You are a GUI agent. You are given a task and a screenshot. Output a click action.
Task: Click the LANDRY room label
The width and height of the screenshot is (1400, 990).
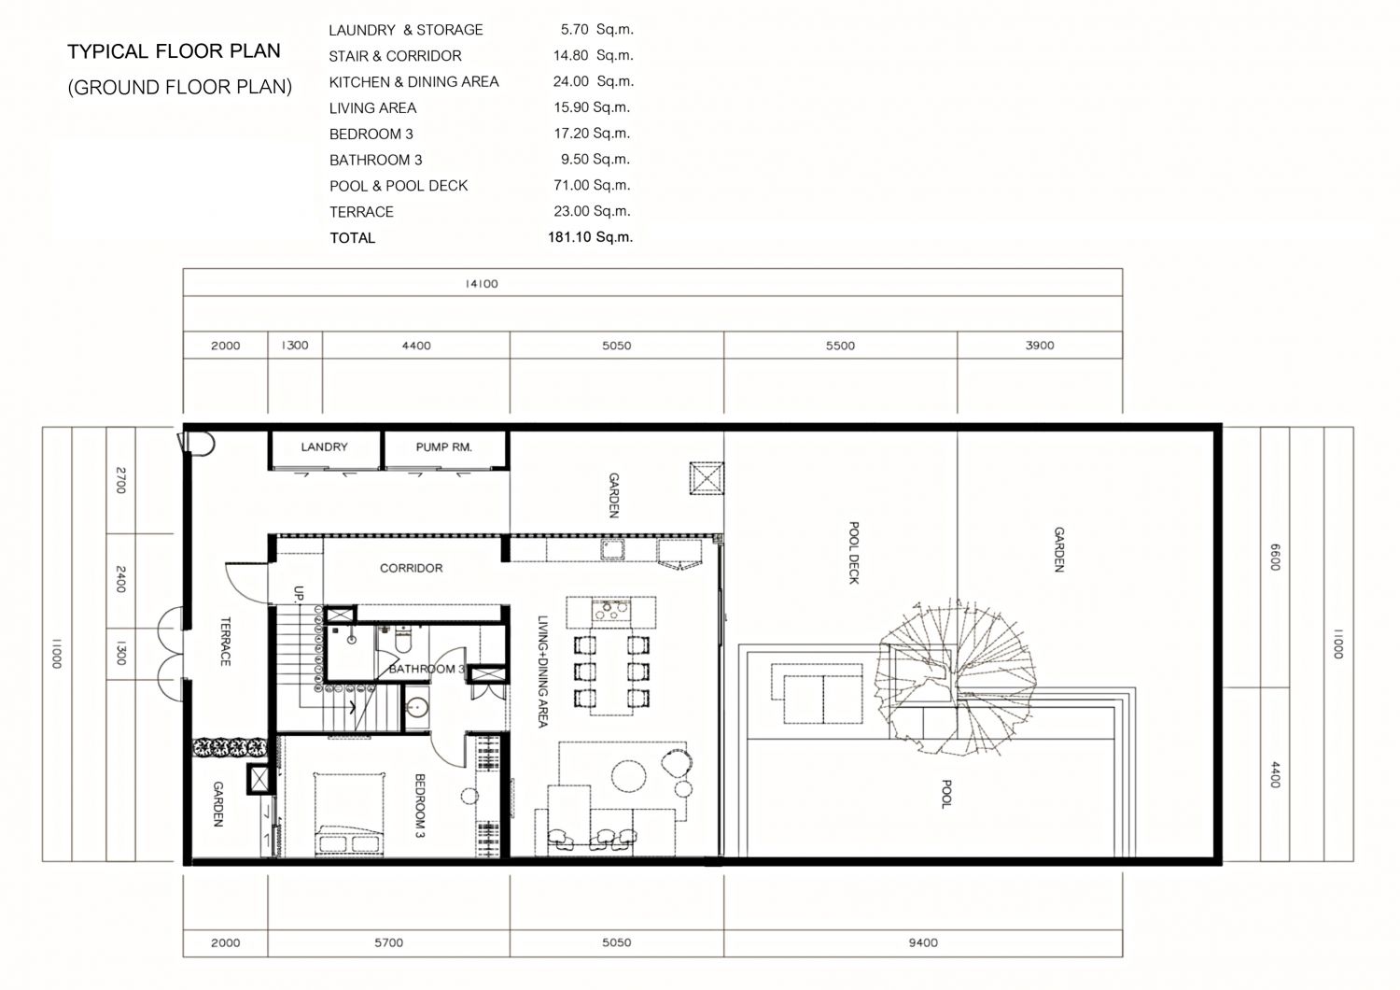(324, 446)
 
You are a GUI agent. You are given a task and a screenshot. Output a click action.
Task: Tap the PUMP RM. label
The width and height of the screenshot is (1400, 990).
(443, 446)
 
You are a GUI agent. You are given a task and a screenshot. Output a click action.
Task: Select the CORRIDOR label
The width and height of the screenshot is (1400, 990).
(412, 568)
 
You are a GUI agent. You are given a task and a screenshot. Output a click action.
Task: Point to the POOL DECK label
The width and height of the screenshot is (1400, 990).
(854, 553)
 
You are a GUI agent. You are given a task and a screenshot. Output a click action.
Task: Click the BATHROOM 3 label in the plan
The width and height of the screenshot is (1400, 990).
(427, 669)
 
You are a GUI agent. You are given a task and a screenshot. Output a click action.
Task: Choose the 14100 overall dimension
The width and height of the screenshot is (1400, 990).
(482, 283)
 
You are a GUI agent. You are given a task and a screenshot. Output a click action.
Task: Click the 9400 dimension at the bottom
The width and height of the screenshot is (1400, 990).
(923, 942)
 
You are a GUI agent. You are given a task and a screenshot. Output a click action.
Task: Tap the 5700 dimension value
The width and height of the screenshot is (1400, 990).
(389, 942)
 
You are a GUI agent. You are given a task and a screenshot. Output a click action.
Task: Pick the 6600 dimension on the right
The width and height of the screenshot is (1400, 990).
(1275, 557)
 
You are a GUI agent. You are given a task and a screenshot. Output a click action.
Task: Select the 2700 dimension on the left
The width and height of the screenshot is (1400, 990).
(121, 480)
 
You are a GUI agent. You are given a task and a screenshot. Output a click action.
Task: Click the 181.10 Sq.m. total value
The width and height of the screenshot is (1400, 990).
(590, 237)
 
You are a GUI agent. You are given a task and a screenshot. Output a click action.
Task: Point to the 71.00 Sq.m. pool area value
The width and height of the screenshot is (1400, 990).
(592, 185)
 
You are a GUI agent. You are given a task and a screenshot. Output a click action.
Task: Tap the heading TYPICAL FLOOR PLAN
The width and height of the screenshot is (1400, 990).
(174, 51)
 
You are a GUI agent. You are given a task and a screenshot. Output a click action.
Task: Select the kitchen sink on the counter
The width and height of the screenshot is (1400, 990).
(612, 549)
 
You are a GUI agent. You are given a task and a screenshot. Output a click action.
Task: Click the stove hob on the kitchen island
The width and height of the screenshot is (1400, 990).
(611, 611)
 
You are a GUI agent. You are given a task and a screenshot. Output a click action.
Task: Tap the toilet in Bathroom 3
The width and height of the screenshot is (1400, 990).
(403, 637)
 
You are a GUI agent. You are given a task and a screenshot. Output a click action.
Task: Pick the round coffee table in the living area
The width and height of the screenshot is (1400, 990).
(629, 776)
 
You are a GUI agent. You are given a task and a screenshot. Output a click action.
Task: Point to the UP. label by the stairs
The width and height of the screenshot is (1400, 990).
(298, 593)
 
